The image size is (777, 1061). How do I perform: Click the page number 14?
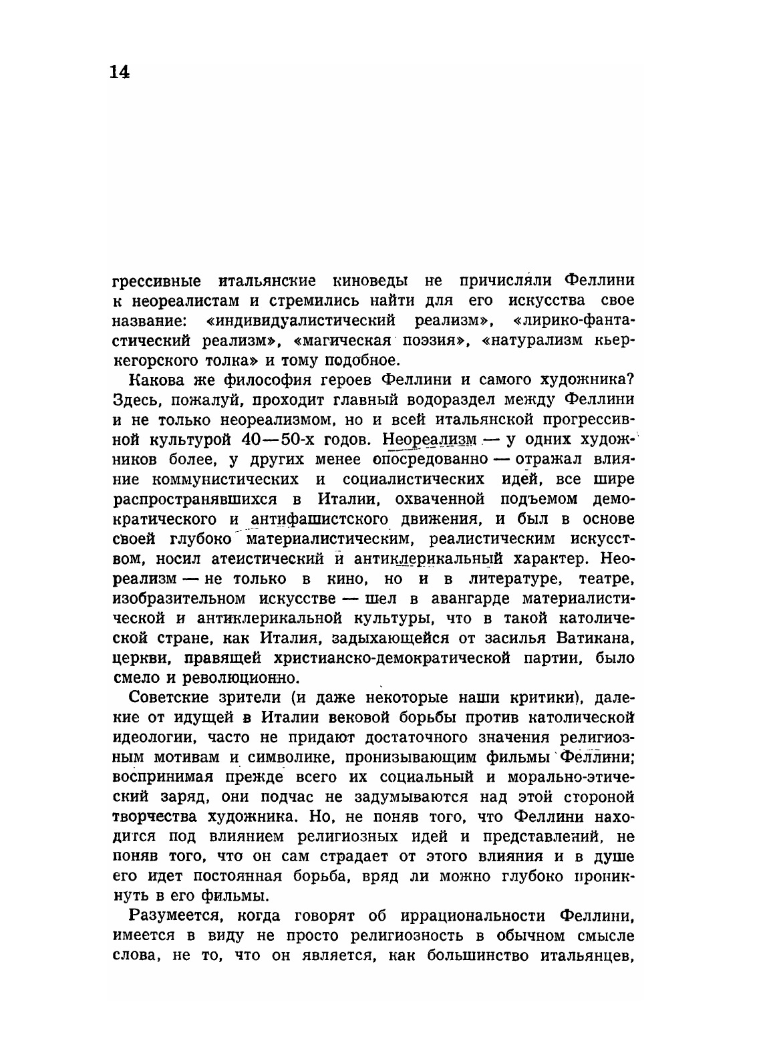click(120, 71)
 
